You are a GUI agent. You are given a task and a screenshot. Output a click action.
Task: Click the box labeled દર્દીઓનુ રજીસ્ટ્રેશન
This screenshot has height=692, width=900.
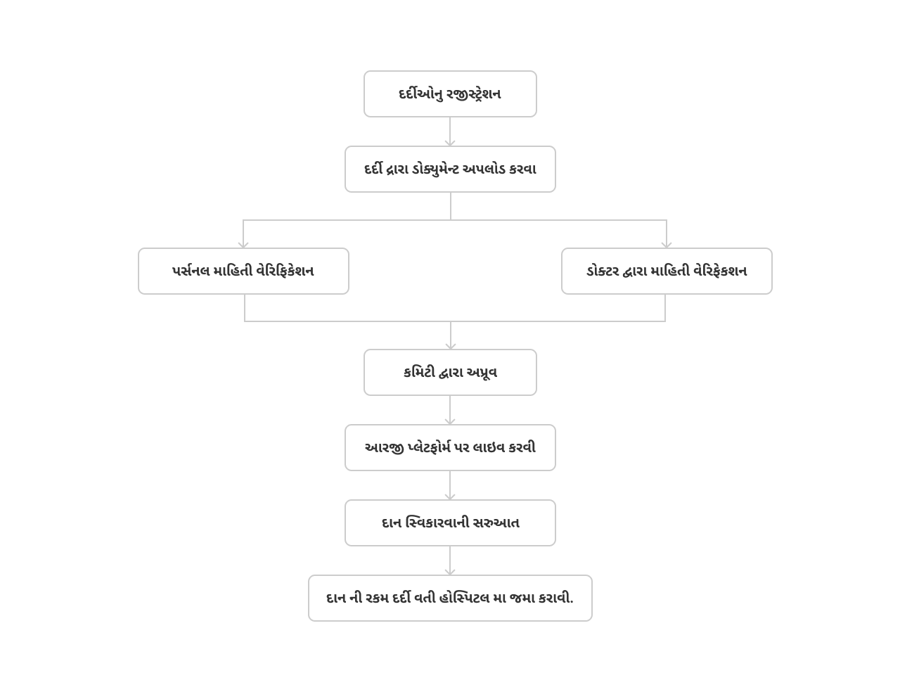click(x=450, y=94)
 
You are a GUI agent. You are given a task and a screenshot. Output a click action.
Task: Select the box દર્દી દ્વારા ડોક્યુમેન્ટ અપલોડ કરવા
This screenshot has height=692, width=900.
click(x=450, y=169)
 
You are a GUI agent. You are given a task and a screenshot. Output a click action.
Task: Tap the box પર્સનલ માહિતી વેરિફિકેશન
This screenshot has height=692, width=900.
click(x=243, y=271)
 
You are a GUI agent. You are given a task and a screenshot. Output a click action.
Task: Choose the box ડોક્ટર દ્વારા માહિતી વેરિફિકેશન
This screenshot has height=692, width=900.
click(x=667, y=271)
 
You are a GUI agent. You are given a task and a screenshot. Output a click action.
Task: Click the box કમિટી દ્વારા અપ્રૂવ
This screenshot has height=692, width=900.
click(x=450, y=372)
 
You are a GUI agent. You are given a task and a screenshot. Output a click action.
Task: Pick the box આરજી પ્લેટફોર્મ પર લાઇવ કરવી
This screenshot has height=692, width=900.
click(x=450, y=448)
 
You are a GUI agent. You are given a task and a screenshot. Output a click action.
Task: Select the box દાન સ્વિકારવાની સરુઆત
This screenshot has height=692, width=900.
click(x=450, y=523)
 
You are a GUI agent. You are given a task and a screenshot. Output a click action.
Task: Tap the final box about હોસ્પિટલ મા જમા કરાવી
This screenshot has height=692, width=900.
click(x=450, y=598)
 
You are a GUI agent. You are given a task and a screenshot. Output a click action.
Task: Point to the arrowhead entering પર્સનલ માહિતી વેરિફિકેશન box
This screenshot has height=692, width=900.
click(x=243, y=245)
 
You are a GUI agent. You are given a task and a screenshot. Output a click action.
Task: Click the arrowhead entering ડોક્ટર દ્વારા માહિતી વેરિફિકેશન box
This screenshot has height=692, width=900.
click(x=667, y=245)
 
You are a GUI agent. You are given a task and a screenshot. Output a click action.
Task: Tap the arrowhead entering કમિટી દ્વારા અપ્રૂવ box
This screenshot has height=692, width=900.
click(x=450, y=346)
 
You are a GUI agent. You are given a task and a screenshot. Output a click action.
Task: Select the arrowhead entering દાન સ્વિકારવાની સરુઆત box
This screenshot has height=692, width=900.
click(x=450, y=496)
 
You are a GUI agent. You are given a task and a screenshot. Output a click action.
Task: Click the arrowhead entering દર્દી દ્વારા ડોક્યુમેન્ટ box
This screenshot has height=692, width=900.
click(x=450, y=143)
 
